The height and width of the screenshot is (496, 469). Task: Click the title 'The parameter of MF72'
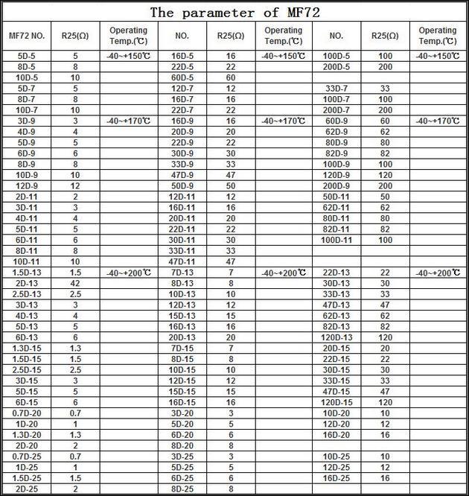pos(234,12)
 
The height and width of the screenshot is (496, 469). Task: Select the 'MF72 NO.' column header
pos(27,35)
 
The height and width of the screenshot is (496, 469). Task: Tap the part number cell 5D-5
pos(27,56)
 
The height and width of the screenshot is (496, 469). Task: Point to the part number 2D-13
pos(27,283)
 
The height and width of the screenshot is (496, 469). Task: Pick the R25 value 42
pos(75,283)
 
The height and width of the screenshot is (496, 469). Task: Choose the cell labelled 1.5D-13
pos(27,273)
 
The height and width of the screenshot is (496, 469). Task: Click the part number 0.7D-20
pos(27,413)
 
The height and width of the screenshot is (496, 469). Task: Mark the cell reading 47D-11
pos(182,261)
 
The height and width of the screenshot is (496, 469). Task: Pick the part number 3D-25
pos(182,456)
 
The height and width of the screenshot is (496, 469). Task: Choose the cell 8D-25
pos(182,489)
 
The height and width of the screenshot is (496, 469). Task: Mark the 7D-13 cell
pos(182,273)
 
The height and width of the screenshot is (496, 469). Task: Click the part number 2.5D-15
pos(27,369)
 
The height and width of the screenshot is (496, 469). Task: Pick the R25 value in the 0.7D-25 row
pos(75,456)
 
